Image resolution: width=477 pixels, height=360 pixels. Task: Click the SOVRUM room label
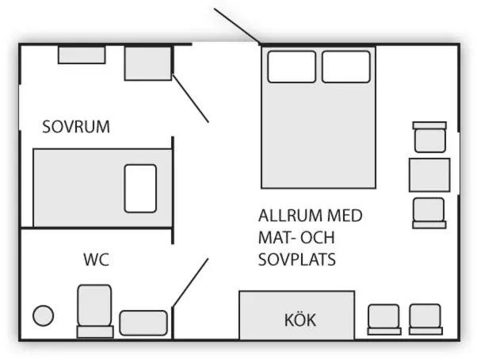(76, 127)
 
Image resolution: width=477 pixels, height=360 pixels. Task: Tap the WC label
(96, 259)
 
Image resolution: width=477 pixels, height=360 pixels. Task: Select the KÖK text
(300, 320)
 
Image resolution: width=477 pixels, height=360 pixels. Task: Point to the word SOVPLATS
(297, 259)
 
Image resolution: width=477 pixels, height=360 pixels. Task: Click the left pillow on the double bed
(292, 67)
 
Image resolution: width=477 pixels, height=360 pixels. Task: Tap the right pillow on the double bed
(346, 67)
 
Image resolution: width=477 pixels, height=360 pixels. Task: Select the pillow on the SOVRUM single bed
(140, 189)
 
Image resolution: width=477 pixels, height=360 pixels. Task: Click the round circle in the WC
(44, 316)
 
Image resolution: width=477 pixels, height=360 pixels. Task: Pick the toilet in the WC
(94, 311)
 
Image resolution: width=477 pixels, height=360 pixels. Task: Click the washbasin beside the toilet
(143, 323)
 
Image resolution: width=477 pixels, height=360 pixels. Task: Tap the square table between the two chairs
(429, 175)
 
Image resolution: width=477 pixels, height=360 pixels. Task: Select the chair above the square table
(429, 137)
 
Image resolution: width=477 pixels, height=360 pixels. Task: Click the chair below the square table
(429, 213)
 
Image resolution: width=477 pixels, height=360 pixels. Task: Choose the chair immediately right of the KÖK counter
(384, 320)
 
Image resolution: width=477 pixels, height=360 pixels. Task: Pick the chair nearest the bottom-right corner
(425, 320)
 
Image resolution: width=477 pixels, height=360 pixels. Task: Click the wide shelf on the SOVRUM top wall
(82, 55)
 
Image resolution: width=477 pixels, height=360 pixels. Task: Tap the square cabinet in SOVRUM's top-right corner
(148, 63)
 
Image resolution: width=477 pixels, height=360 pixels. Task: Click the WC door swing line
(190, 282)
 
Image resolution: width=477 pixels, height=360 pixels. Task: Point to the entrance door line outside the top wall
(237, 26)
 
